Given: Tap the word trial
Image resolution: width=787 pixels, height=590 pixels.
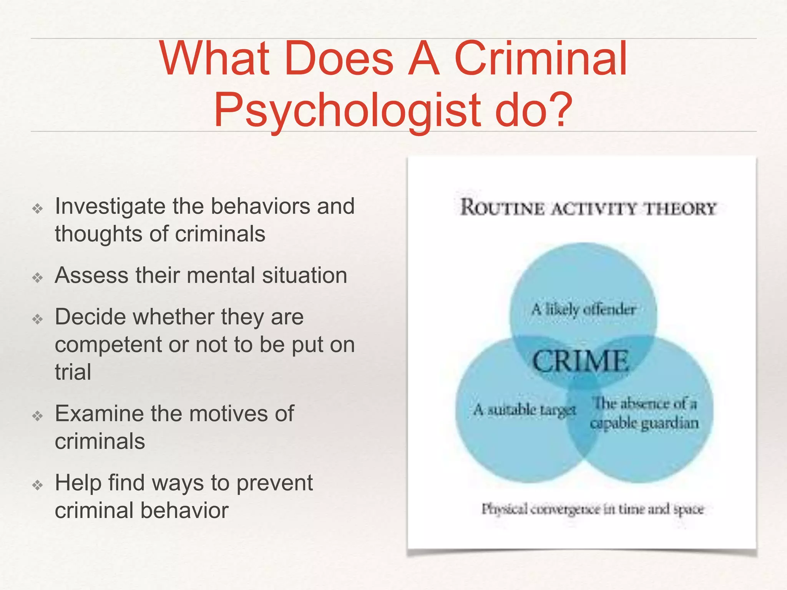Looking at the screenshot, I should [73, 372].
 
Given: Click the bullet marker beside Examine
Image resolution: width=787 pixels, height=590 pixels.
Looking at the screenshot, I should [38, 416].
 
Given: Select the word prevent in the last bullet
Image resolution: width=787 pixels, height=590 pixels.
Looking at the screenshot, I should [274, 483].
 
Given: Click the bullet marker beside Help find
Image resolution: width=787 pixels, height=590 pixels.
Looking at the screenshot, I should [38, 485].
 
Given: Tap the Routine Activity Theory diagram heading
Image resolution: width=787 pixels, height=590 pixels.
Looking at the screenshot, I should [588, 208].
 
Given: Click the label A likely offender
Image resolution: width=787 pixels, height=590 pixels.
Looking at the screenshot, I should [583, 309].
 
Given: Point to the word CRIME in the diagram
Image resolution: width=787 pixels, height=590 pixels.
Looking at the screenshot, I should [580, 361].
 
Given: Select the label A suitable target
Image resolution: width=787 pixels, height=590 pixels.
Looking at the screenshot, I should [525, 410].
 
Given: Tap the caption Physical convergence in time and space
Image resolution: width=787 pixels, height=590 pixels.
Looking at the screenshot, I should [593, 509].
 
